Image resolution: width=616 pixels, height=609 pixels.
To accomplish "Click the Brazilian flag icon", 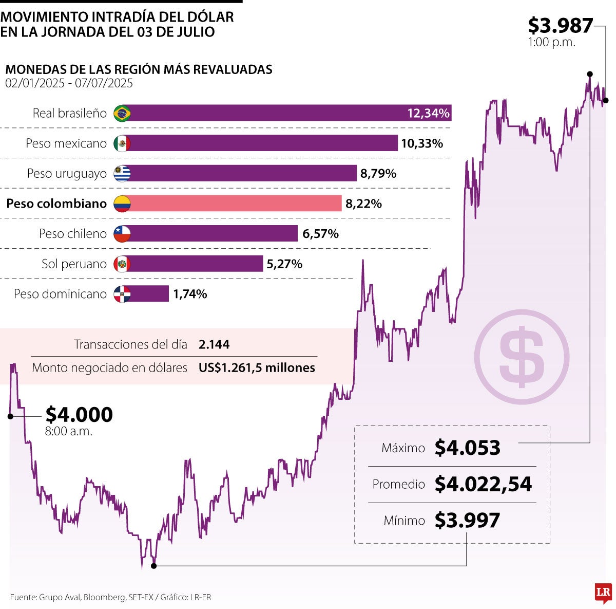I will tap(122, 113).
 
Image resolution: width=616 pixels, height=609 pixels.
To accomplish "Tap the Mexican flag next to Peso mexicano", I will tap(122, 143).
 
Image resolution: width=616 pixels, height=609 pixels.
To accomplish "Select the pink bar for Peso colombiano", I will tap(236, 204).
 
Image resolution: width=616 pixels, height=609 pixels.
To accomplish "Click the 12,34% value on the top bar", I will tap(428, 113).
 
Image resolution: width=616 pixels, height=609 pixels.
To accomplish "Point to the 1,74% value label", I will tap(190, 294).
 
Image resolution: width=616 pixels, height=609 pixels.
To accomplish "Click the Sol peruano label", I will tap(74, 264).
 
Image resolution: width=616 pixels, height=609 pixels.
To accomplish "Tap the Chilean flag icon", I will tap(122, 234).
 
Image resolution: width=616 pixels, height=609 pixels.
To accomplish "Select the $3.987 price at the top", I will tap(560, 26).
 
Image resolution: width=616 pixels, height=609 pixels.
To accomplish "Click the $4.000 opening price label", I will tap(79, 415).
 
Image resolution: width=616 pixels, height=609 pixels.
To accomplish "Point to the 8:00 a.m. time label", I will tap(68, 432).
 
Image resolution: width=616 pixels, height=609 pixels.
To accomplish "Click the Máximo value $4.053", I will tap(467, 448).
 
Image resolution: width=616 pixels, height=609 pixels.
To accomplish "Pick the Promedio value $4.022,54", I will tap(483, 484).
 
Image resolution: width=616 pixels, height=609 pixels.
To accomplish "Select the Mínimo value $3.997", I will tap(467, 521).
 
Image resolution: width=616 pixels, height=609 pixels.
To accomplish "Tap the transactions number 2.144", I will tap(214, 344).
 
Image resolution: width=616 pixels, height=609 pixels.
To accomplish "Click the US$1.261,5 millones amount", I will tap(257, 368).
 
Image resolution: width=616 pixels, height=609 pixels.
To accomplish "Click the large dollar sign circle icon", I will tap(522, 357).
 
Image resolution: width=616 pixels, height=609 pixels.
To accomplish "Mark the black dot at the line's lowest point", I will tap(153, 566).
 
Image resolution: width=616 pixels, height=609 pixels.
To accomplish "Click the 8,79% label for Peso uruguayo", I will tap(378, 174).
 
